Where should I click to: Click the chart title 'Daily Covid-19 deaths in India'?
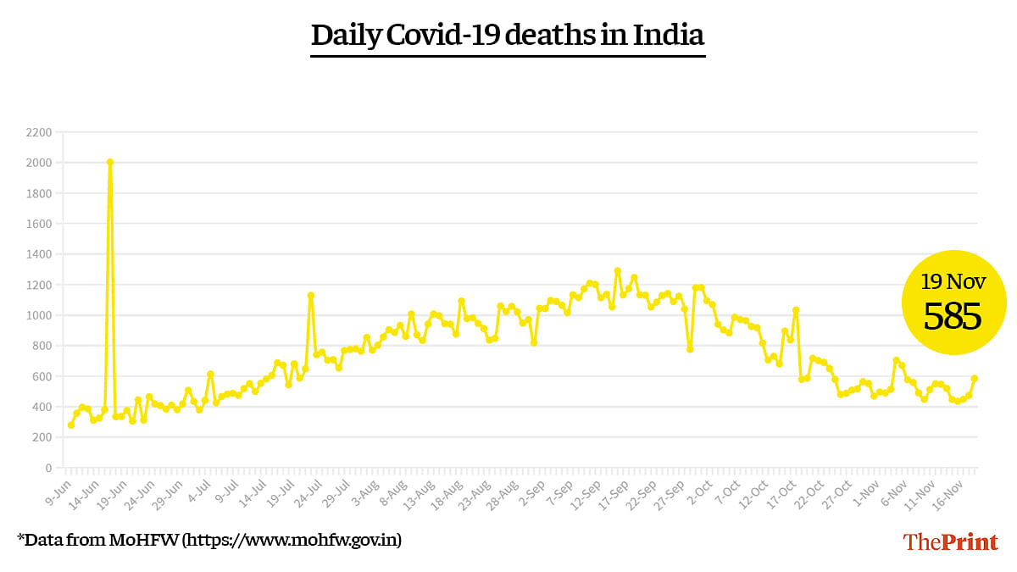click(508, 36)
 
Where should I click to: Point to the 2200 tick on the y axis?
click(39, 132)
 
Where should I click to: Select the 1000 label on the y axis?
click(39, 315)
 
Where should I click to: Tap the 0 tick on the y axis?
click(47, 468)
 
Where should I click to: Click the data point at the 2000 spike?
click(110, 162)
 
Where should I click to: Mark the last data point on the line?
click(975, 379)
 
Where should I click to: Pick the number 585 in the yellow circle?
click(953, 317)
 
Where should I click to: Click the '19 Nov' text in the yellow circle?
click(953, 281)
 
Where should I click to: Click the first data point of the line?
click(71, 425)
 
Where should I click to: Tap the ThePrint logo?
click(950, 541)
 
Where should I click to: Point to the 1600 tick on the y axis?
click(39, 224)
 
